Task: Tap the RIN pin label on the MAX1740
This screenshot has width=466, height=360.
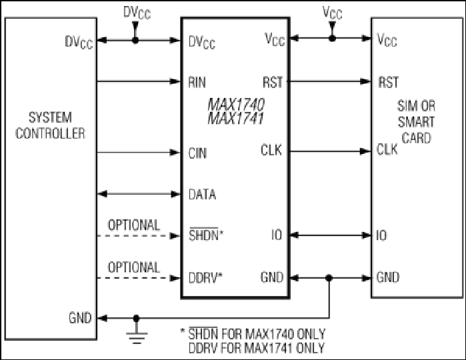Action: [x=197, y=83]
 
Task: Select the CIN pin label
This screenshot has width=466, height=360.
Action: [x=197, y=153]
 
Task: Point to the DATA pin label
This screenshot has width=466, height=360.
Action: [x=202, y=195]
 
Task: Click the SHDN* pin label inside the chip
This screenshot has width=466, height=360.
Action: [x=206, y=235]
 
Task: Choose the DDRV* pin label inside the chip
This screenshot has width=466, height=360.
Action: [x=205, y=277]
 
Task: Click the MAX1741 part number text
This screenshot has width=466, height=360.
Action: [x=236, y=118]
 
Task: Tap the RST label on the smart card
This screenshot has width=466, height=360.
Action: [x=388, y=83]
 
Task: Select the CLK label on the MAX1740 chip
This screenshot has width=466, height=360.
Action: [x=271, y=150]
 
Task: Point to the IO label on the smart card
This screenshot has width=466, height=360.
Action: [x=381, y=235]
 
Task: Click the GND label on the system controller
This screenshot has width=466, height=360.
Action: [x=80, y=318]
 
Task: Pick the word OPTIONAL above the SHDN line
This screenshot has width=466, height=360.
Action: [x=134, y=225]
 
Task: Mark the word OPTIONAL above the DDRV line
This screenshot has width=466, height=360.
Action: [x=134, y=267]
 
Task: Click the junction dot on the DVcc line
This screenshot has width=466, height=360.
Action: [x=135, y=40]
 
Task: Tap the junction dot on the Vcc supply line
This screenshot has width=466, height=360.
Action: [x=332, y=38]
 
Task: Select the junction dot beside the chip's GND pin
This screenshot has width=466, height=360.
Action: [x=329, y=278]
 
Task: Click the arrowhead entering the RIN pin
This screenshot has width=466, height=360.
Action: [x=175, y=81]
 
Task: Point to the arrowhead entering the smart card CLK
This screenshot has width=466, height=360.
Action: [x=365, y=151]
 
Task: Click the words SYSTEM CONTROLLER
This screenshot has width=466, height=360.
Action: [x=50, y=125]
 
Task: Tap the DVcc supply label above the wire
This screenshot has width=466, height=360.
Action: [x=137, y=13]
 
